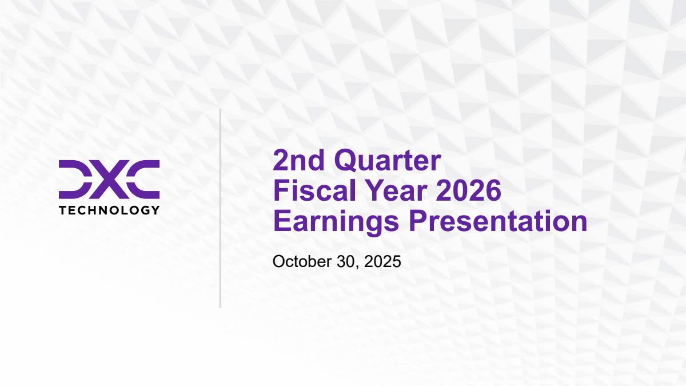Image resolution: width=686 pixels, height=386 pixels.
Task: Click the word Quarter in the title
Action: (x=388, y=161)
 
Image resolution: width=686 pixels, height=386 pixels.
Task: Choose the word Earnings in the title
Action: (x=336, y=222)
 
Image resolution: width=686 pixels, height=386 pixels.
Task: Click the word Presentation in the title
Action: (x=498, y=221)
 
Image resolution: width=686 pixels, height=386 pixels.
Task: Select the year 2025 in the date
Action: (x=382, y=262)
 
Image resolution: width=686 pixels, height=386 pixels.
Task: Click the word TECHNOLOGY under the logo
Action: (x=109, y=210)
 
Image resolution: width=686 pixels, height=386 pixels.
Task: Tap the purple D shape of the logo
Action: (x=75, y=179)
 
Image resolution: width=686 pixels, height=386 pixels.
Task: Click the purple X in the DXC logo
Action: (x=109, y=179)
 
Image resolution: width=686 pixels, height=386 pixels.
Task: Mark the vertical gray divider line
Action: (x=220, y=208)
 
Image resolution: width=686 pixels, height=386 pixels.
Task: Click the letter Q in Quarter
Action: (x=345, y=161)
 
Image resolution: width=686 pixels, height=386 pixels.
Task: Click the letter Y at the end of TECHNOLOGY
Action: (x=155, y=210)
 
